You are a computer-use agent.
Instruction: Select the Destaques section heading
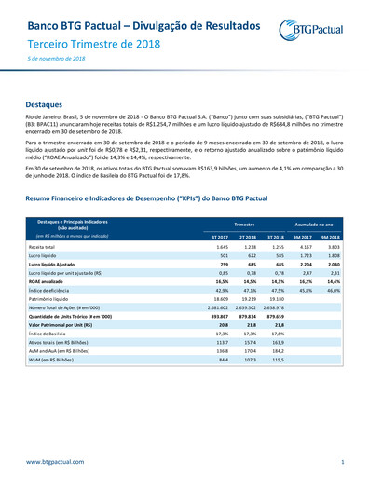(45, 106)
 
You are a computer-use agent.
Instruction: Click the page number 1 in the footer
(342, 462)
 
